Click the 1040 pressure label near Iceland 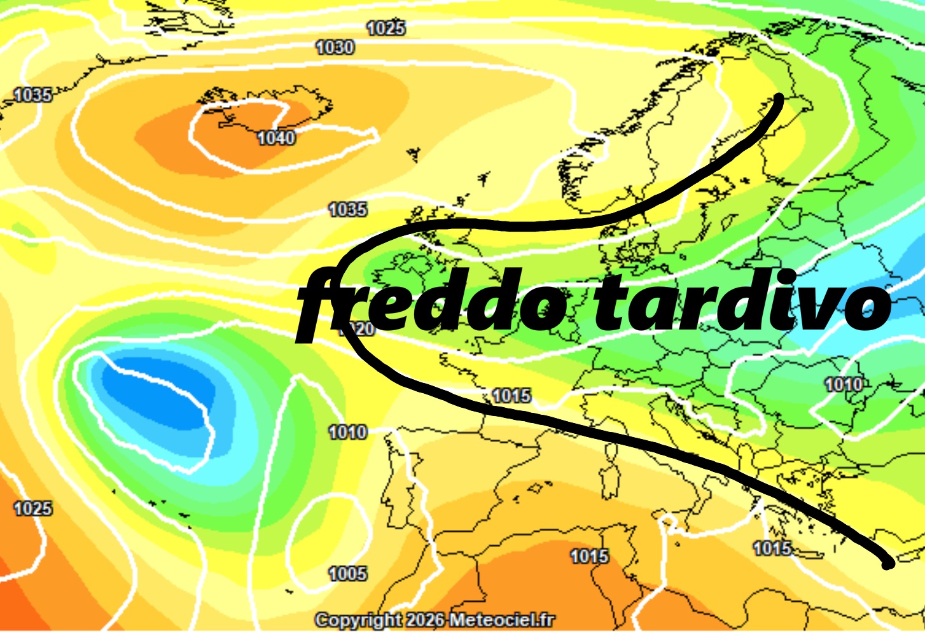276,137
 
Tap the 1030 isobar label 335,47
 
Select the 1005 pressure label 348,574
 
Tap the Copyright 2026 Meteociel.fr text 435,620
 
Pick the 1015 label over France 511,396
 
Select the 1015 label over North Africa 589,556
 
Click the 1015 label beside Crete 772,548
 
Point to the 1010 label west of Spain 348,433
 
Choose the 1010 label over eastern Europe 844,385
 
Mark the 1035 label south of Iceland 348,209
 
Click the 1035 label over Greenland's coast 32,95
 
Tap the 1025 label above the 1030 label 386,28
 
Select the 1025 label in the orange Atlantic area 33,508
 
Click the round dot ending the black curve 887,563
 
